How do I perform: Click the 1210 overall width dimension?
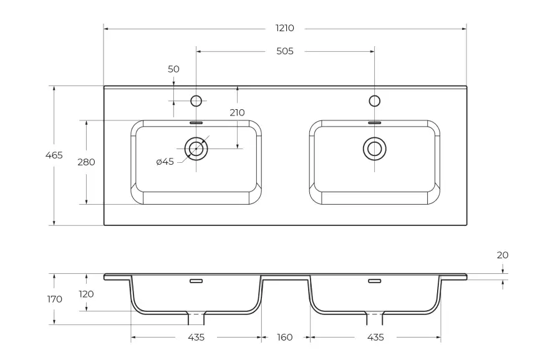285,28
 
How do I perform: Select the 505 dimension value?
285,51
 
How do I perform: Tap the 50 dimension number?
173,69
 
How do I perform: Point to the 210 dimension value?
237,113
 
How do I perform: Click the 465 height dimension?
54,155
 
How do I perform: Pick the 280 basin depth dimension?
86,162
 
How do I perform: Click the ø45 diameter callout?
165,162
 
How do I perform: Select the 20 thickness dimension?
503,255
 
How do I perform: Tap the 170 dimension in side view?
55,299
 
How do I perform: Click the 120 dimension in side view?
86,294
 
